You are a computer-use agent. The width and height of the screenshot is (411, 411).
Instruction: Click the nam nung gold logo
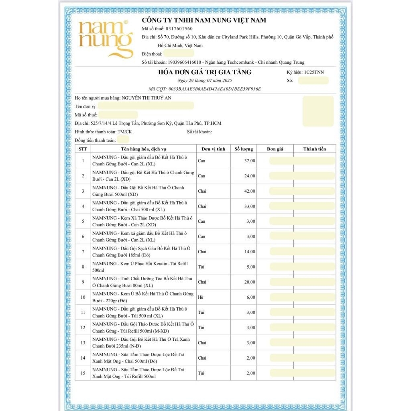105,39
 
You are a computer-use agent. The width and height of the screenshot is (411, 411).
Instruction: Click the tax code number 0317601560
179,29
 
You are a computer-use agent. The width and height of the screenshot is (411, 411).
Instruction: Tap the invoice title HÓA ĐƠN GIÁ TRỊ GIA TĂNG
205,72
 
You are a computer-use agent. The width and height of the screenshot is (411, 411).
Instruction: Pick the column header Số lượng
244,149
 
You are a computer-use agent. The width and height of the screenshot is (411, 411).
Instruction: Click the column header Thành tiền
314,149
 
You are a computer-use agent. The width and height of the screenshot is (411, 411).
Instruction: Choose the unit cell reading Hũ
201,297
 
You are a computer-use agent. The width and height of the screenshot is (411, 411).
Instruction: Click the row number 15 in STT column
83,373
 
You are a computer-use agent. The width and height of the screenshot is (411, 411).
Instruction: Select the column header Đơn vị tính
213,149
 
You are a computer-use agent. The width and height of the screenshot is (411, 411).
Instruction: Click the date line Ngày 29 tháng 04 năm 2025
205,80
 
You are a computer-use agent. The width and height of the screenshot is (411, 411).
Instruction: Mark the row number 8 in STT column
83,267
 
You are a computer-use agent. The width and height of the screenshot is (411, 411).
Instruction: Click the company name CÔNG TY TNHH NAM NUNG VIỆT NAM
204,20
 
